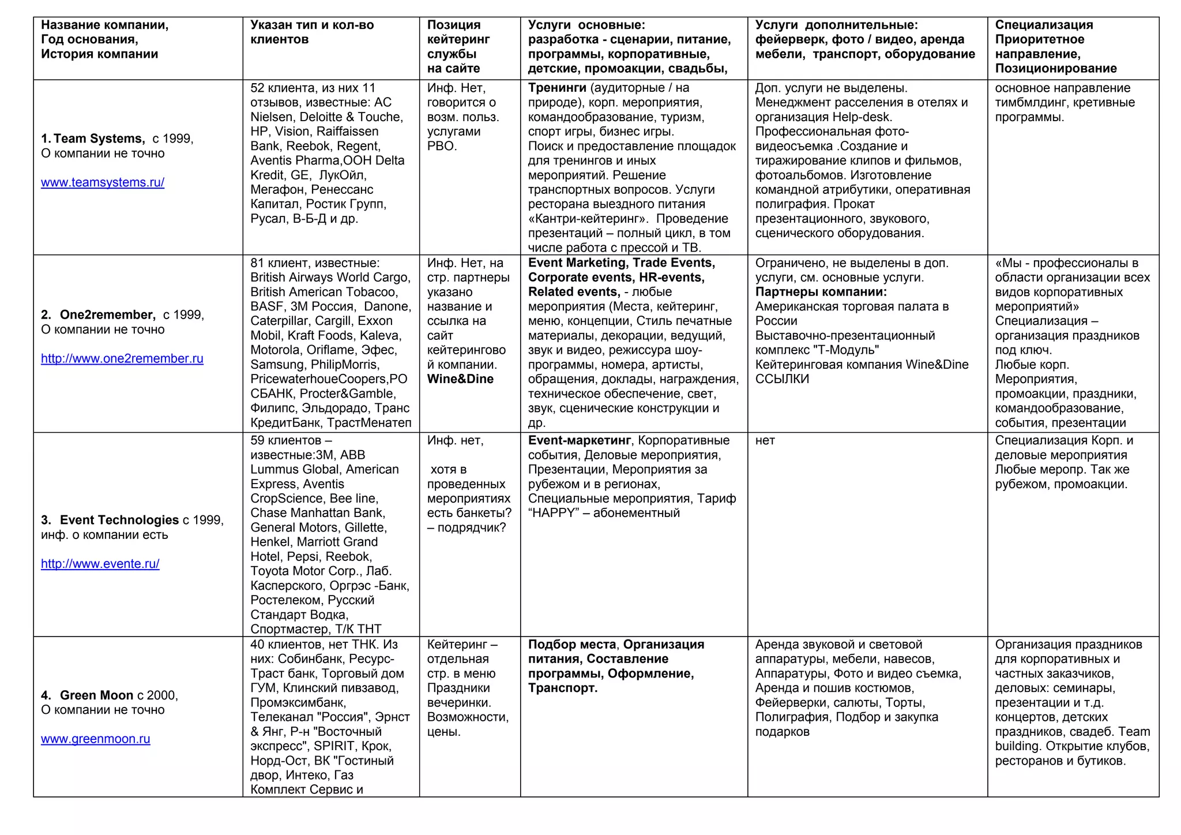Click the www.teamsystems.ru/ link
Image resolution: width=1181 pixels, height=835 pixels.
(103, 182)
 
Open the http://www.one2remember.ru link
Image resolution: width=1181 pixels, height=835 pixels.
(122, 358)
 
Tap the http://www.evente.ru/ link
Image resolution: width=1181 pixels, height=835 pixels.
(100, 564)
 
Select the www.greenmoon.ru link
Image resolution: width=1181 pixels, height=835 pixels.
(95, 739)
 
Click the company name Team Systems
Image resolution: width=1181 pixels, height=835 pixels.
(99, 138)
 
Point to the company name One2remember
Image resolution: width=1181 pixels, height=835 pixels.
(107, 314)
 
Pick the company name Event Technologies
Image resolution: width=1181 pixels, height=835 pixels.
(119, 520)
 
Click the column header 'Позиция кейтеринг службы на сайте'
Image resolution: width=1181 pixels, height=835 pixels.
(458, 47)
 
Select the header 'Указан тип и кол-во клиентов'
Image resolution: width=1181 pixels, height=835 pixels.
(311, 32)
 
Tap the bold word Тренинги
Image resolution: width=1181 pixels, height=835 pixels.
(556, 88)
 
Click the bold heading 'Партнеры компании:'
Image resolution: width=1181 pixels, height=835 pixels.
(821, 292)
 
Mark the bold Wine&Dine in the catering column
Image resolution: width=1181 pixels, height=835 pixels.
(460, 379)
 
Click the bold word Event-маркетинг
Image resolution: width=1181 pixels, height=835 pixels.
(579, 440)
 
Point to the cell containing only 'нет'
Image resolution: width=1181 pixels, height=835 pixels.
(765, 440)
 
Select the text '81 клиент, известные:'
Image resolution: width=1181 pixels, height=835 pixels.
(315, 263)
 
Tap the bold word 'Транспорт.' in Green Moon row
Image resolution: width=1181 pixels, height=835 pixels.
(562, 688)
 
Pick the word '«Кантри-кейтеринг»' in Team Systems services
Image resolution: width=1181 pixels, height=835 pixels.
(588, 219)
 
